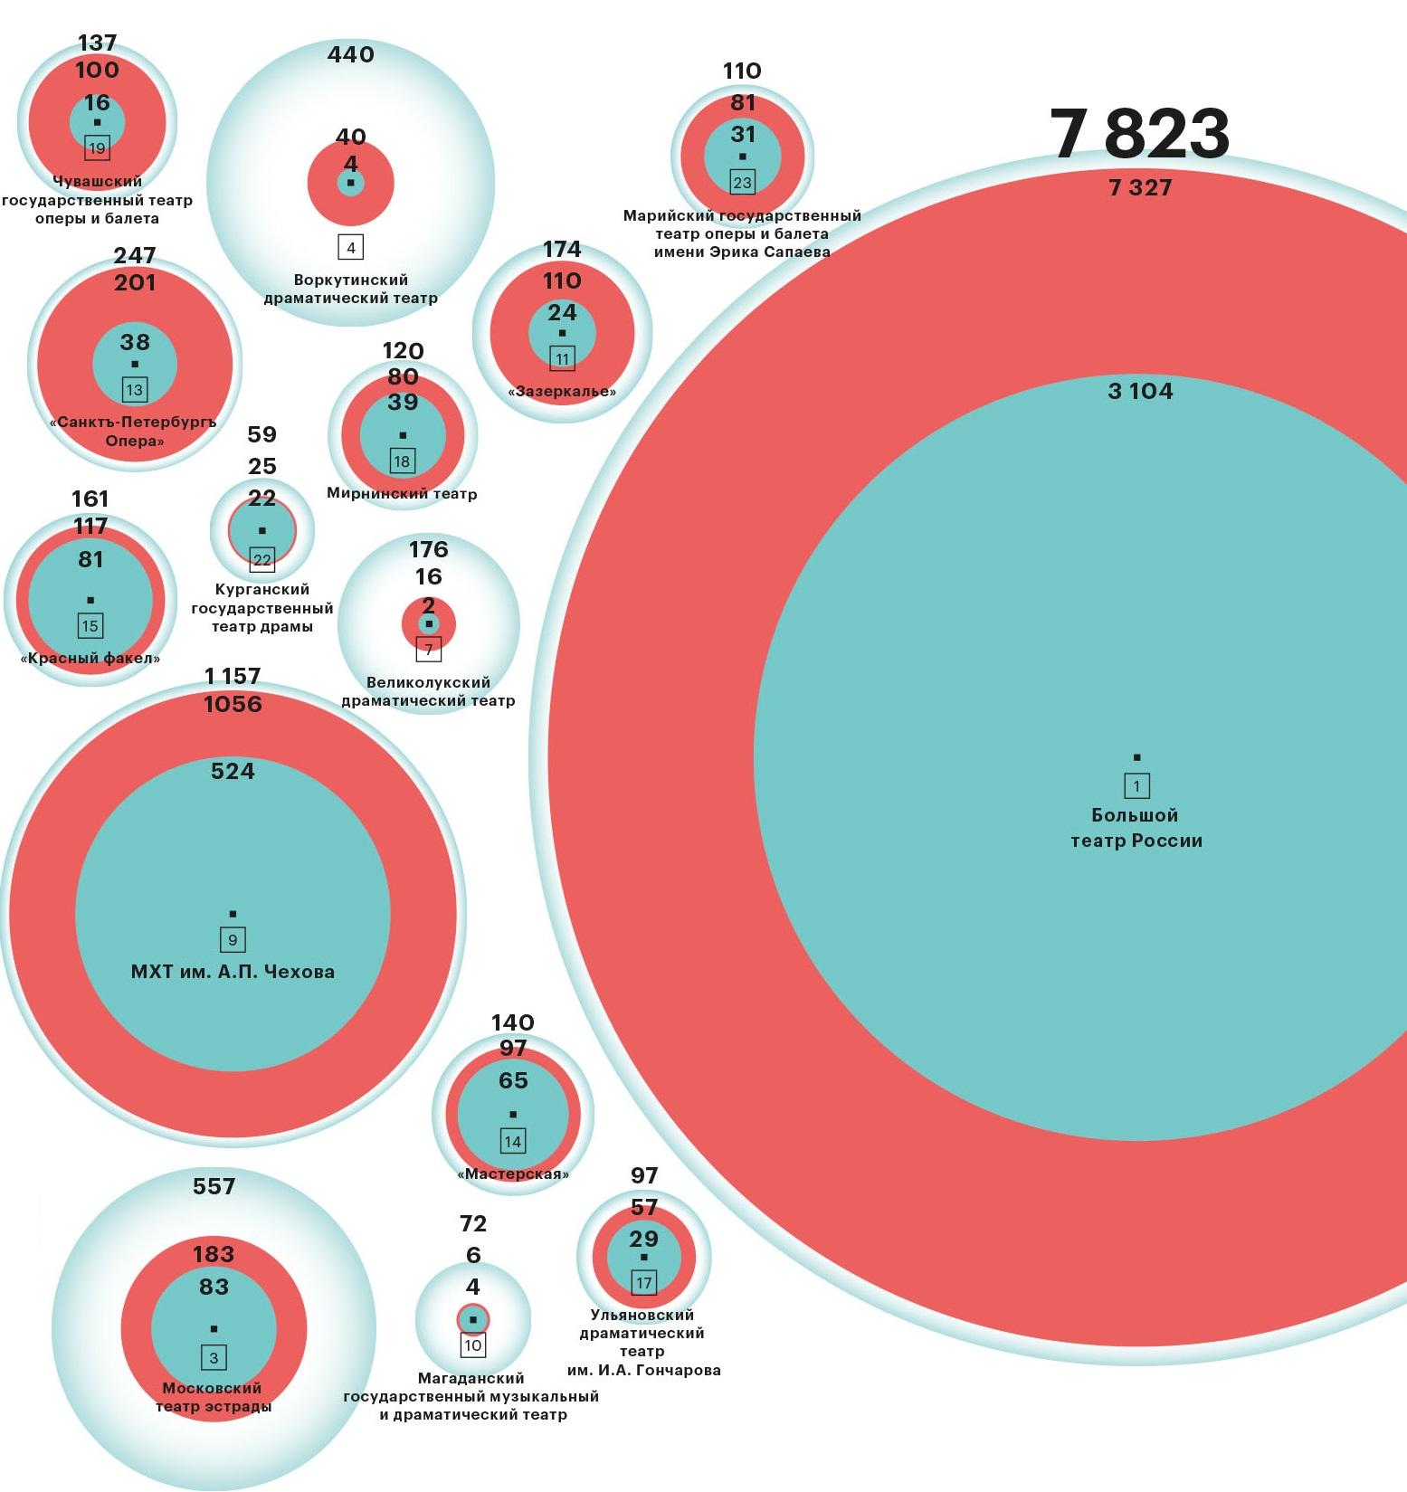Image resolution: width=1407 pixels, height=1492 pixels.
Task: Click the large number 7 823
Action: click(x=1139, y=134)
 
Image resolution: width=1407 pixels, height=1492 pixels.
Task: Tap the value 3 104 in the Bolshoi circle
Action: click(x=1139, y=391)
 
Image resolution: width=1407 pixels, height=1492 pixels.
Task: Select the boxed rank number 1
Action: click(x=1136, y=785)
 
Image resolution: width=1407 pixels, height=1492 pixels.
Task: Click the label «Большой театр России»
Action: click(x=1136, y=828)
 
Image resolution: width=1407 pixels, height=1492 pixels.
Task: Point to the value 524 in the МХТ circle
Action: click(x=233, y=771)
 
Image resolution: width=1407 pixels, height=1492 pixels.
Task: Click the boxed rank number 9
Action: click(x=233, y=940)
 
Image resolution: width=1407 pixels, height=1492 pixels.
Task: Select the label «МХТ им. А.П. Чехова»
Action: click(x=233, y=972)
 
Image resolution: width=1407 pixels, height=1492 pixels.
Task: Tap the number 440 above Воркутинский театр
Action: click(x=350, y=55)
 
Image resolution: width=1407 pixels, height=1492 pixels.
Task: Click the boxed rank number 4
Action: click(x=350, y=247)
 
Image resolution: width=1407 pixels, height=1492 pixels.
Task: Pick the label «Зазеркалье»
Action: click(x=562, y=392)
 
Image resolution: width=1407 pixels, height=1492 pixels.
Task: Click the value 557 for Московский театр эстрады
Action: click(x=214, y=1186)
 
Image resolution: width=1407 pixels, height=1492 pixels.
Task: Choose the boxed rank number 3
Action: click(x=214, y=1357)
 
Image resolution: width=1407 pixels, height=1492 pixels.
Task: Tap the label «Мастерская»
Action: click(x=513, y=1174)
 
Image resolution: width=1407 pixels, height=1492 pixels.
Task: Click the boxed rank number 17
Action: click(x=643, y=1282)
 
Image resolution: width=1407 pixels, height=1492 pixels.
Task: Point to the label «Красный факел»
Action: click(x=90, y=658)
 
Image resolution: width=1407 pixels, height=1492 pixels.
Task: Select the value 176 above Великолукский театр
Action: click(x=428, y=549)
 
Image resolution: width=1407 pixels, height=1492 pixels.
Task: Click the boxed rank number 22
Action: click(x=261, y=560)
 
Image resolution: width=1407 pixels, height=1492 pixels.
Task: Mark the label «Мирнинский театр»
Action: click(x=402, y=494)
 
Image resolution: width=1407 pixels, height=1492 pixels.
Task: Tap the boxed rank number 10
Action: click(x=472, y=1345)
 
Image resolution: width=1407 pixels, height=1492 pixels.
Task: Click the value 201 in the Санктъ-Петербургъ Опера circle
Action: click(x=135, y=283)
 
